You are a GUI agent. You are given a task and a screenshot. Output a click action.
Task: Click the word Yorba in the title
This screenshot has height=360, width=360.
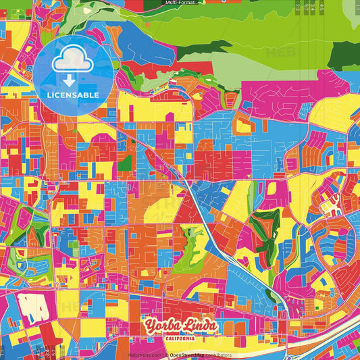pyautogui.click(x=161, y=327)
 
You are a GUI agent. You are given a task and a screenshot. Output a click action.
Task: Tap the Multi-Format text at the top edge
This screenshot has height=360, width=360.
pyautogui.click(x=180, y=3)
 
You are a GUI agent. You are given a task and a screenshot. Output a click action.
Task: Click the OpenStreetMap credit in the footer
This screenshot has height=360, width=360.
pyautogui.click(x=192, y=355)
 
